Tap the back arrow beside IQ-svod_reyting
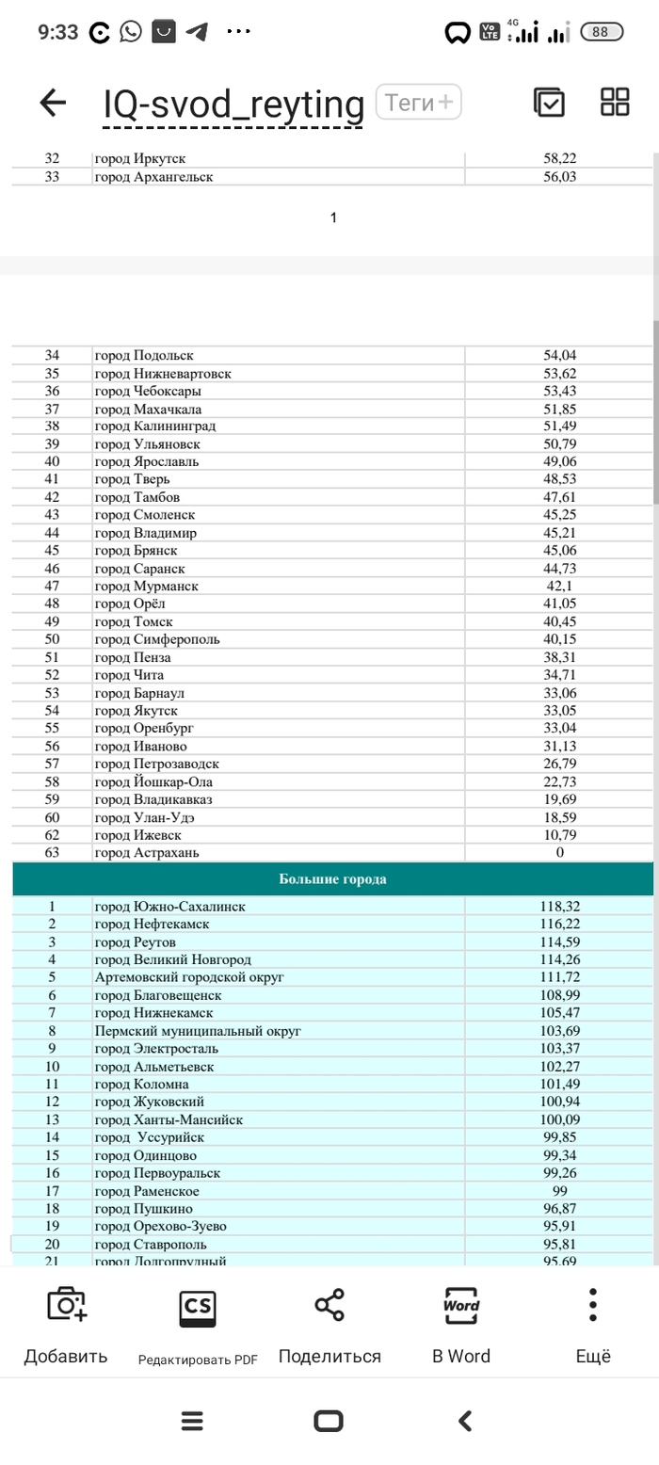point(53,103)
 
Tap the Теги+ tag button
point(418,102)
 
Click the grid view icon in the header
point(615,102)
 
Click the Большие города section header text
point(332,879)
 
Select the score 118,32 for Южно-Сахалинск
point(560,907)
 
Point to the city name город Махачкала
point(148,409)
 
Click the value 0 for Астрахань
point(560,853)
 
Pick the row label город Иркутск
point(146,159)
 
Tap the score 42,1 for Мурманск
point(560,587)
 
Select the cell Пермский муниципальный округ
point(198,1031)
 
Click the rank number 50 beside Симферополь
point(52,639)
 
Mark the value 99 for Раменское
point(560,1191)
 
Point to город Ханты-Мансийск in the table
point(169,1119)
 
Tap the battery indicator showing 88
point(608,32)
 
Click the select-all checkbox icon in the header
point(549,102)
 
